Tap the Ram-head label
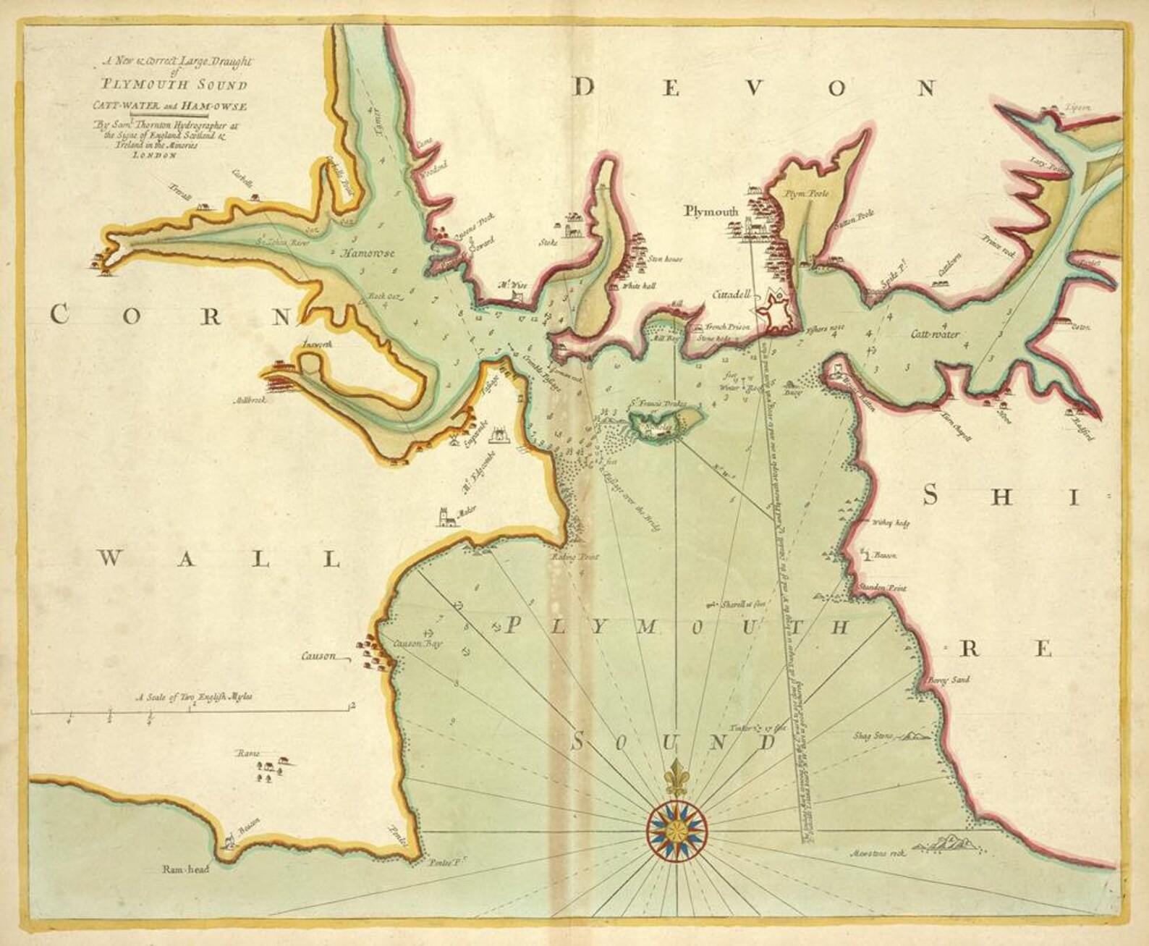[x=185, y=869]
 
